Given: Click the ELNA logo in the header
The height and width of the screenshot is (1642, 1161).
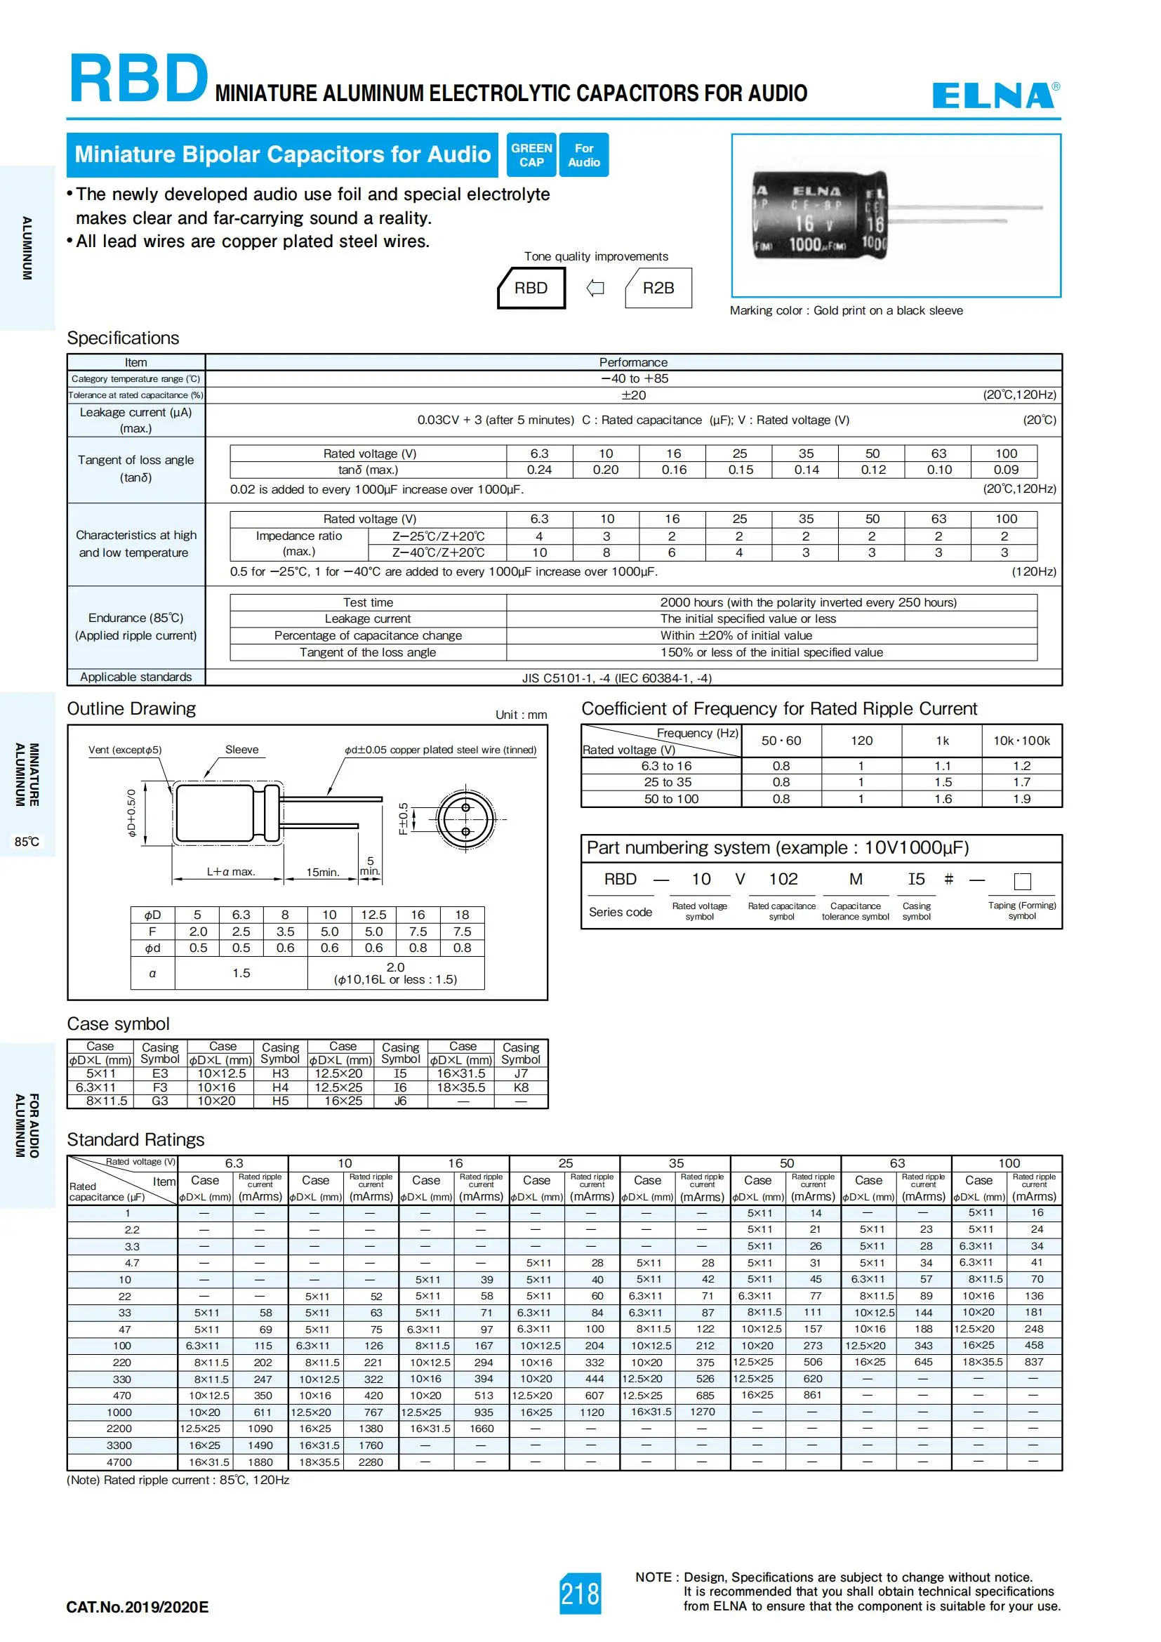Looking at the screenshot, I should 995,95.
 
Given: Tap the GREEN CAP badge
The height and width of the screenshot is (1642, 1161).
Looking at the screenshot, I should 531,154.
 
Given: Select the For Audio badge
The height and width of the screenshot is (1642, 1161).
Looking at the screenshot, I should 583,154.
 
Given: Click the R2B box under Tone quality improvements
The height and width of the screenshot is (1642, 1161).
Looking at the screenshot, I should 658,288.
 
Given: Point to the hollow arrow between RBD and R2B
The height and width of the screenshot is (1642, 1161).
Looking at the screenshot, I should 595,288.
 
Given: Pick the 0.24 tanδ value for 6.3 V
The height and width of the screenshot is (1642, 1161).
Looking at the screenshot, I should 539,470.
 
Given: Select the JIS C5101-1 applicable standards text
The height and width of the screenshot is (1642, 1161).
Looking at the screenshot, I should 616,678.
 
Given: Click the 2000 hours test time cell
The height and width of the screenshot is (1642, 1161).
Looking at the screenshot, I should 808,602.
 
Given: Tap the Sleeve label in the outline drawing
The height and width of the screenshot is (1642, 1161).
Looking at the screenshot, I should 241,750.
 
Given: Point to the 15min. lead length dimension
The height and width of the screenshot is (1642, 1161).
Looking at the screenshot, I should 322,872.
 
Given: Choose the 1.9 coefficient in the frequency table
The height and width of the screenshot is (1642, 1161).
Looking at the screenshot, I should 1021,799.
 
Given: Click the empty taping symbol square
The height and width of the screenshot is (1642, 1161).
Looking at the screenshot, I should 1022,880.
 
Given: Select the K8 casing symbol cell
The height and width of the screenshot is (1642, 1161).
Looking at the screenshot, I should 521,1087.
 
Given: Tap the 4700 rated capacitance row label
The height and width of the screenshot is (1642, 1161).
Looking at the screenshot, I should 119,1462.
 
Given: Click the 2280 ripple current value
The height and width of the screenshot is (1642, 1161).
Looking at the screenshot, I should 371,1462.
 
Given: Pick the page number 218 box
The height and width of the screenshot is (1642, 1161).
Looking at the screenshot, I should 580,1594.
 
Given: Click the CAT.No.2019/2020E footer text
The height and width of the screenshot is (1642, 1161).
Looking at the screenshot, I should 138,1608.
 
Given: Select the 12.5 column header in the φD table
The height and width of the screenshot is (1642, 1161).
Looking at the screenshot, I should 373,915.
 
